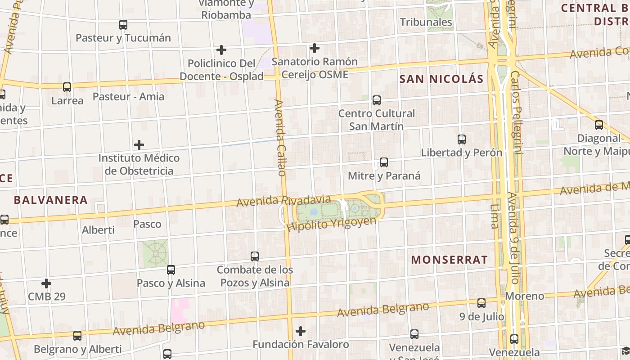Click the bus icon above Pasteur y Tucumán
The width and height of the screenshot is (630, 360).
tap(123, 25)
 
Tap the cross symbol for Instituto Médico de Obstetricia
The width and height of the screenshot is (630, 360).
tap(139, 145)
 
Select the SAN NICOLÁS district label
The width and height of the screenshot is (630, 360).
tap(441, 79)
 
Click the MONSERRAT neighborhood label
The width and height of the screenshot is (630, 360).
tap(450, 260)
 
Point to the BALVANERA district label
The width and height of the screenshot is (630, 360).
tap(51, 200)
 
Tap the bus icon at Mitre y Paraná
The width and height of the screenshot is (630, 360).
tap(384, 162)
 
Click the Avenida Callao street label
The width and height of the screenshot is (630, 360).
tap(280, 138)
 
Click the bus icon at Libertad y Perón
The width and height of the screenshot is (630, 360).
tap(462, 139)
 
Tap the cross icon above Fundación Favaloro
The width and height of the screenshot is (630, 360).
tap(301, 332)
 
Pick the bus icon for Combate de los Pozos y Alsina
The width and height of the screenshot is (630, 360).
tap(255, 256)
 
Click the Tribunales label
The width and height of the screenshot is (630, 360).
tap(426, 22)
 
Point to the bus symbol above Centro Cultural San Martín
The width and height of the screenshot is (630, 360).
tap(377, 100)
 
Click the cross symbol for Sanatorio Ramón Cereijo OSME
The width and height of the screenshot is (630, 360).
tap(315, 48)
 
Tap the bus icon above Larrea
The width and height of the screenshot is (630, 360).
tap(67, 87)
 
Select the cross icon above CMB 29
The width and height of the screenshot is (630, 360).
tap(46, 283)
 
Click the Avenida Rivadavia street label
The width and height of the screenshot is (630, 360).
tap(283, 201)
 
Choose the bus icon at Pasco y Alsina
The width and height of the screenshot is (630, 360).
tap(171, 270)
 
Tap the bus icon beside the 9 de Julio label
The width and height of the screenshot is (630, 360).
tap(481, 303)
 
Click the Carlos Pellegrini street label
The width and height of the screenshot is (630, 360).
tap(517, 112)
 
